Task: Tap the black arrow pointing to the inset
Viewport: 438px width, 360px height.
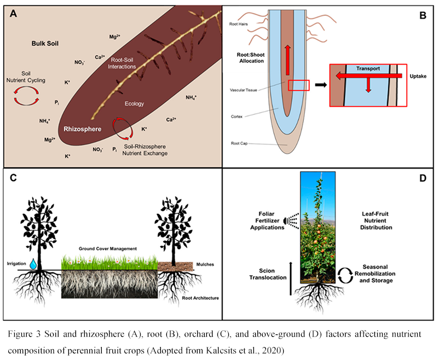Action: [x=321, y=85]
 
